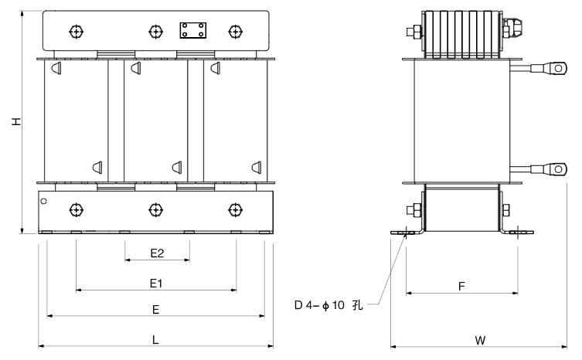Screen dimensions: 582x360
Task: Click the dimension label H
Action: (16, 121)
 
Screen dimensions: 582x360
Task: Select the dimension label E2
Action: (157, 253)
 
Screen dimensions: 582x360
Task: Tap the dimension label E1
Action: (156, 284)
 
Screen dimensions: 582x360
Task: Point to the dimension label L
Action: (155, 339)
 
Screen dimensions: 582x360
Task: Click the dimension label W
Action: (480, 340)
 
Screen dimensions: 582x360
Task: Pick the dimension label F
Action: (461, 286)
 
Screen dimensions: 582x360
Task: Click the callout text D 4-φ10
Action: (319, 305)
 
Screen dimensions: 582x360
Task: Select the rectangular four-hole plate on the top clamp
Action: (193, 30)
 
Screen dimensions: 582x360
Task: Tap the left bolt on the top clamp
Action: (76, 32)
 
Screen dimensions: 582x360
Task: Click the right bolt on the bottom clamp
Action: (235, 209)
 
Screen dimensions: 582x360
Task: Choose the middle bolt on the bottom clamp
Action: (155, 209)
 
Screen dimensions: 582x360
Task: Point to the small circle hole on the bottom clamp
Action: (44, 201)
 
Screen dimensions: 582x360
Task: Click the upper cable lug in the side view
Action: (550, 68)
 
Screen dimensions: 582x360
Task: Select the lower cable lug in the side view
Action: (550, 170)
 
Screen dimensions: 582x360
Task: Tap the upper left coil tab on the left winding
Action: (56, 68)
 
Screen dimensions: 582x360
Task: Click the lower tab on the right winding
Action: (257, 167)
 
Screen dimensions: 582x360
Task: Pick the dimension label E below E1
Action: (156, 310)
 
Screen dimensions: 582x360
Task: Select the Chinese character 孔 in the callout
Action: (358, 305)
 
